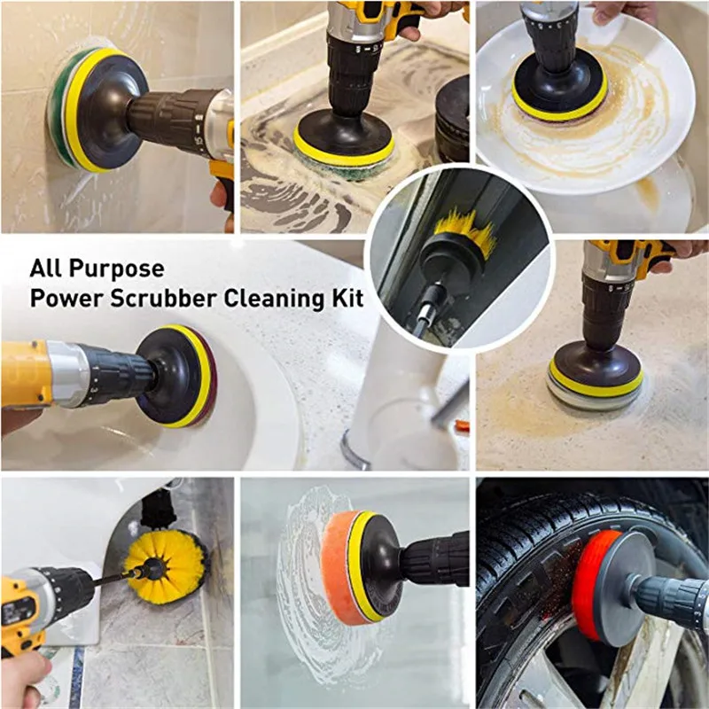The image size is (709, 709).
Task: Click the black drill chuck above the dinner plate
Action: tap(549, 35)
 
